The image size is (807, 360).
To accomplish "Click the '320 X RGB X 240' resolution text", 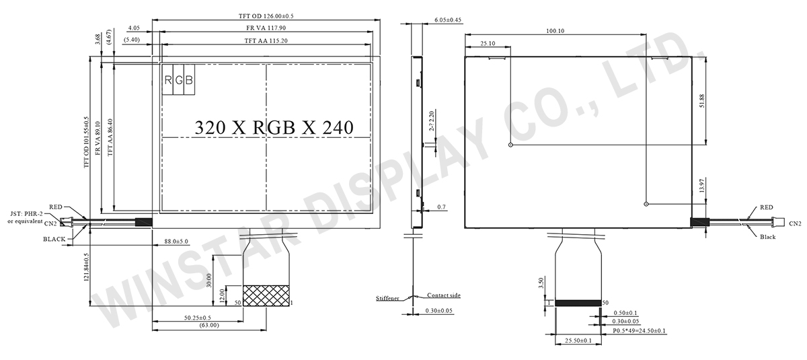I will (273, 128).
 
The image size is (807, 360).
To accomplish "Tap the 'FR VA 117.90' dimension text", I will (262, 28).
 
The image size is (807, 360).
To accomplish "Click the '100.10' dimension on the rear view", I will (555, 30).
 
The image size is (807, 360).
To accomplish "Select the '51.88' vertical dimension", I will (703, 100).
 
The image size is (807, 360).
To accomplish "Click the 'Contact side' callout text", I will (444, 295).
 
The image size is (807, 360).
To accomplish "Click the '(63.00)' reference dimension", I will (206, 326).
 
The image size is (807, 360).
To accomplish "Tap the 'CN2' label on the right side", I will (795, 223).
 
